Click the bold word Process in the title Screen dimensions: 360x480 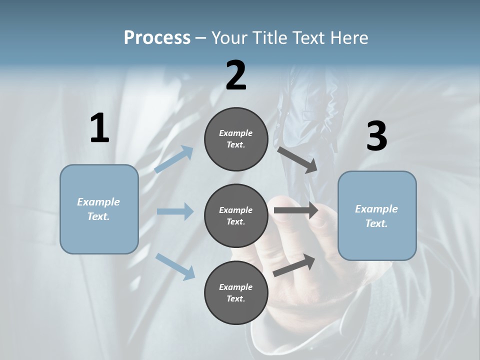[157, 38]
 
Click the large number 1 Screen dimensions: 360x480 [99, 128]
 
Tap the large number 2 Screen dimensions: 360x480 [236, 76]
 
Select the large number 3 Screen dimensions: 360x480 [376, 136]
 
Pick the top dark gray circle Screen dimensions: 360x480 [236, 139]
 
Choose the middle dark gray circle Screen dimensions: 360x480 [236, 215]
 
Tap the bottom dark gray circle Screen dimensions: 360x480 [236, 292]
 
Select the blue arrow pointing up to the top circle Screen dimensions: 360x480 [174, 159]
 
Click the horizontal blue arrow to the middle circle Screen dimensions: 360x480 [175, 211]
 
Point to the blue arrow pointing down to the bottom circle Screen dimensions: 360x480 [175, 266]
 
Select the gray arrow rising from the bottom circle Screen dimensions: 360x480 [294, 265]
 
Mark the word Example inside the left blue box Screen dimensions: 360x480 [98, 202]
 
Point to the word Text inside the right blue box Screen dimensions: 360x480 [375, 223]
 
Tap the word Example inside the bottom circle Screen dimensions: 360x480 [235, 287]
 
